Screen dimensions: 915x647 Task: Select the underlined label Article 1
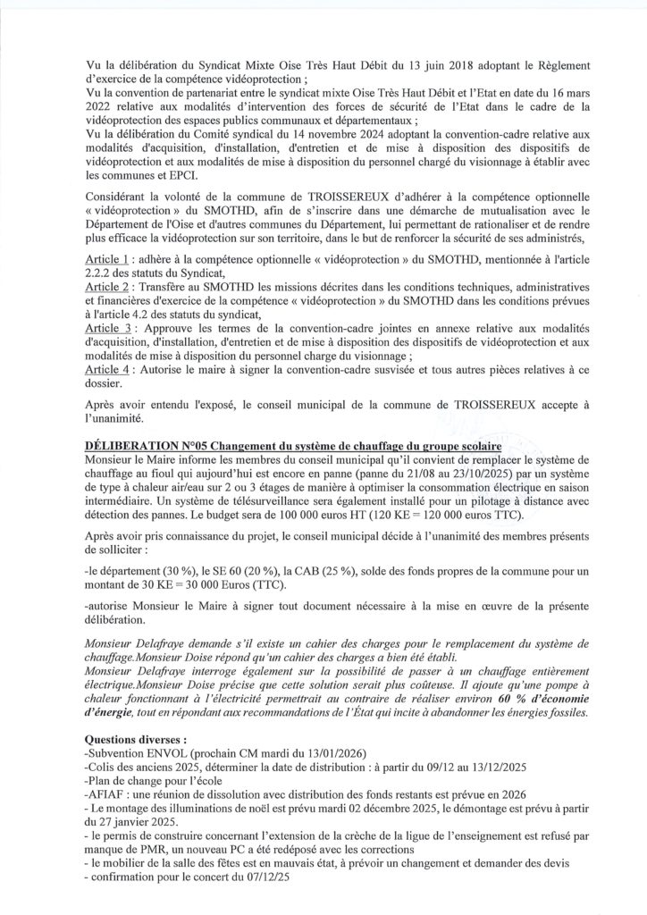coord(105,257)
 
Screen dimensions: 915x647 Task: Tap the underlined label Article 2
coord(105,288)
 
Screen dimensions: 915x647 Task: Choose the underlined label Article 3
coord(105,329)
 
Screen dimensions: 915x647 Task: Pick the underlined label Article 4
coord(105,370)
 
